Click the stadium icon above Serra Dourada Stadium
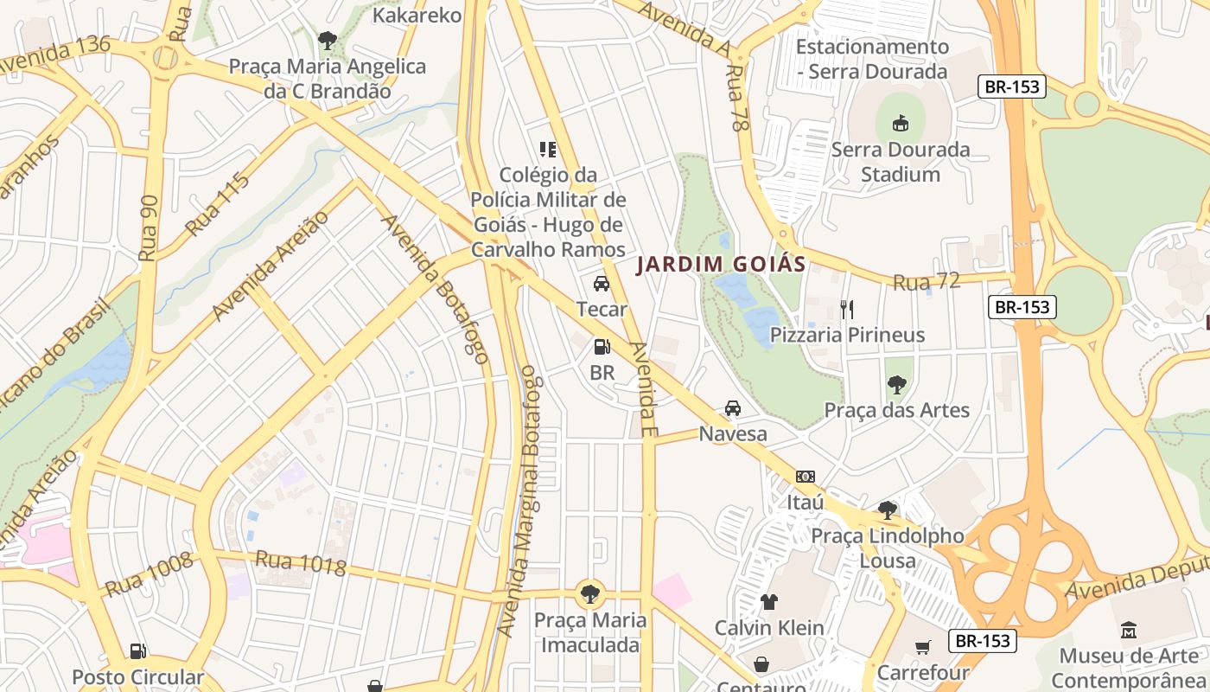tap(900, 123)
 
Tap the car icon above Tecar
tap(602, 284)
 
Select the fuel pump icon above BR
tap(602, 348)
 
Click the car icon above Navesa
tap(733, 408)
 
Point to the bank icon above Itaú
tap(806, 477)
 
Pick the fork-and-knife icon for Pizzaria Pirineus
tap(847, 309)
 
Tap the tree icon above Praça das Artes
tap(897, 384)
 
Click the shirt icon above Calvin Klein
tap(769, 602)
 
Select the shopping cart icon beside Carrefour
tap(923, 647)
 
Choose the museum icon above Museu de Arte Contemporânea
tap(1128, 630)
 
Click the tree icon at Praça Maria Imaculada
tap(590, 594)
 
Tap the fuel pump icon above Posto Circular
tap(137, 651)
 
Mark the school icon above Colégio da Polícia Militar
tap(547, 150)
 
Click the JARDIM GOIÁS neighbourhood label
tap(721, 265)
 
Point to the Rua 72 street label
tap(927, 281)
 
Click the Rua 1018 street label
tap(300, 563)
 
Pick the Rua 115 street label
tap(218, 204)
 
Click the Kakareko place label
tap(417, 16)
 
